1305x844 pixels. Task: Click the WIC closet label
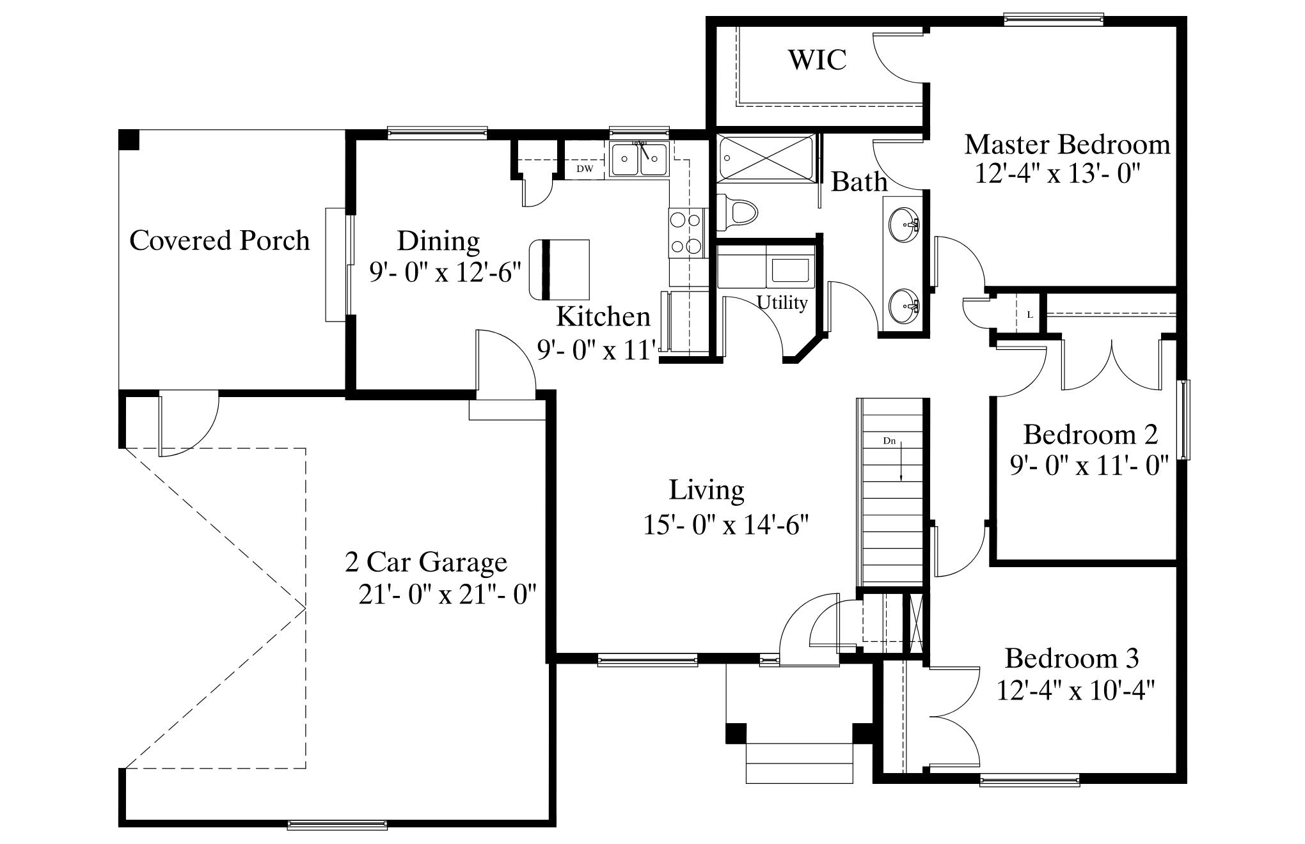817,59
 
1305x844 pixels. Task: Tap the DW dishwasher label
585,169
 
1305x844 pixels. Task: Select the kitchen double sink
639,160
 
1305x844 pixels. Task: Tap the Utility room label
782,302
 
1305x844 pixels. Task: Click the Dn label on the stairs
889,441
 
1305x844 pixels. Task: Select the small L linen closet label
1029,315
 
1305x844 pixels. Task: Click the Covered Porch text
219,240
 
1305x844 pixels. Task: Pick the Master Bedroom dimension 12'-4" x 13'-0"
1059,173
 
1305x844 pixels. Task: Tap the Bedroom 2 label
1090,435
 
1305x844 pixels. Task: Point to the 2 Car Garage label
426,563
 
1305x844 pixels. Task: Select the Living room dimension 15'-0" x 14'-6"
726,526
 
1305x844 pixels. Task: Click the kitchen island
559,270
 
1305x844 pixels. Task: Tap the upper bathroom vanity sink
904,225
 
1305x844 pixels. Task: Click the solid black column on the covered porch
129,140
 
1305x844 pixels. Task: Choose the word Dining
438,242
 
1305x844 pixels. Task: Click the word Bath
859,182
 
